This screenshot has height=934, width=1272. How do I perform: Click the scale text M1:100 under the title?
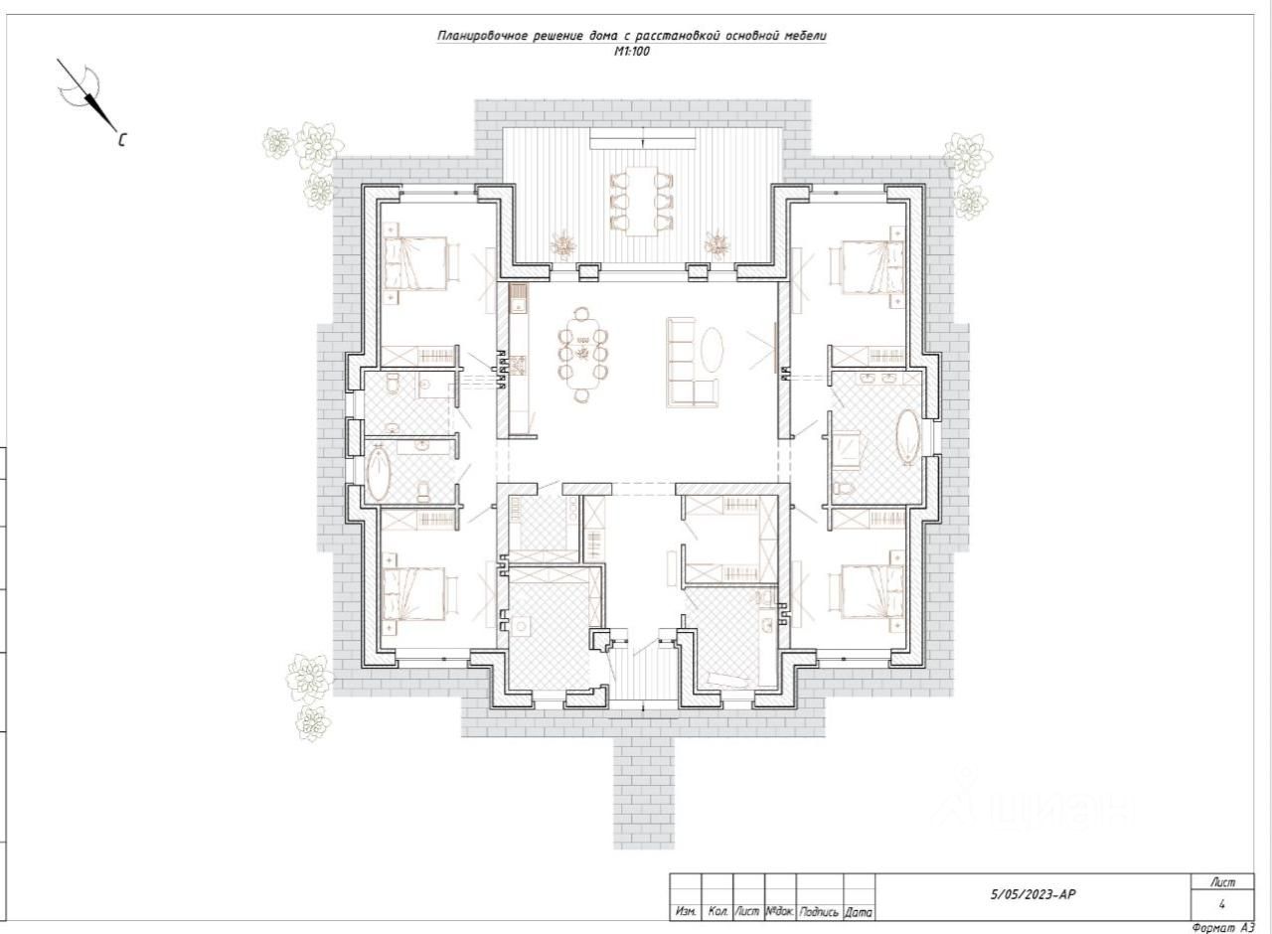pyautogui.click(x=632, y=52)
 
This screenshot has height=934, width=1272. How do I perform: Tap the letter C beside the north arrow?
pyautogui.click(x=122, y=140)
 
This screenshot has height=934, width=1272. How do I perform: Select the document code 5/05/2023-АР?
pyautogui.click(x=1033, y=894)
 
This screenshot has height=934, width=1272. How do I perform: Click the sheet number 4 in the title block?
pyautogui.click(x=1221, y=904)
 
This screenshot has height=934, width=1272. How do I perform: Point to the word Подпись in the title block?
pyautogui.click(x=819, y=912)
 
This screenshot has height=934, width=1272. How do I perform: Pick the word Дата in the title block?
pyautogui.click(x=859, y=912)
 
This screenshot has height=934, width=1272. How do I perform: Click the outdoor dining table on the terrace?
pyautogui.click(x=642, y=201)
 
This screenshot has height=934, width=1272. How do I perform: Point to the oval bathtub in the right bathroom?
pyautogui.click(x=908, y=437)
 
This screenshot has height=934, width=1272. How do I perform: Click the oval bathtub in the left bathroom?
pyautogui.click(x=379, y=475)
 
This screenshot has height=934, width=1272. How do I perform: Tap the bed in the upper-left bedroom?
pyautogui.click(x=415, y=264)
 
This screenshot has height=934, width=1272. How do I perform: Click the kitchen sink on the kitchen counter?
pyautogui.click(x=518, y=294)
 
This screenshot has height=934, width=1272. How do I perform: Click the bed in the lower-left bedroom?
pyautogui.click(x=415, y=594)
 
